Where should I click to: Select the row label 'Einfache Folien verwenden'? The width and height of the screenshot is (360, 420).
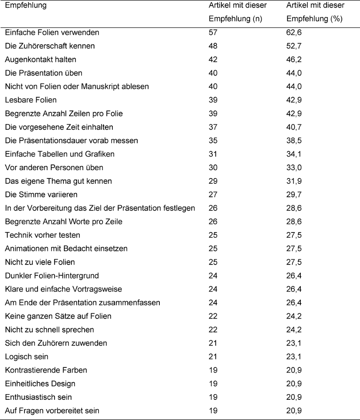coord(52,32)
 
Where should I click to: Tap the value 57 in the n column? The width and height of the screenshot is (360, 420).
coord(213,32)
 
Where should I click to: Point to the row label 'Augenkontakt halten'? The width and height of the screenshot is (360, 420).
coord(40,60)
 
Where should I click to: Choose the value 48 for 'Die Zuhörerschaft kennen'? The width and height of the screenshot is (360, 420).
coord(213,46)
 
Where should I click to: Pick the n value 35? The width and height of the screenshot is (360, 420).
coord(213,140)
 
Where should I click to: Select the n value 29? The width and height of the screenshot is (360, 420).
coord(213,181)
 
